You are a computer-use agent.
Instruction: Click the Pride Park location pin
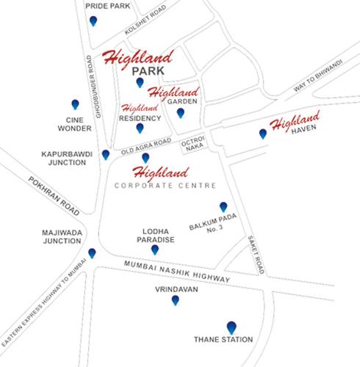(x=93, y=21)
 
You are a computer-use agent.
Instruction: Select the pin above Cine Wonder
(x=75, y=104)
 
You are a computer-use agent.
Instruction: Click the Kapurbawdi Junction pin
(x=106, y=154)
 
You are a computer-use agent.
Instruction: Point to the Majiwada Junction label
(x=61, y=236)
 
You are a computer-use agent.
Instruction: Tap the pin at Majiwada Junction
(x=92, y=253)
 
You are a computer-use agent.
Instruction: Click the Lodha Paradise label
(x=154, y=235)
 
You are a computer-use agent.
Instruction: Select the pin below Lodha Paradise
(x=154, y=250)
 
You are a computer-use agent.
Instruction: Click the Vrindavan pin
(x=175, y=299)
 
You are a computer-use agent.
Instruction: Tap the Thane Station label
(x=223, y=340)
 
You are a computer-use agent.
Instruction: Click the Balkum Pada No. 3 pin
(x=223, y=207)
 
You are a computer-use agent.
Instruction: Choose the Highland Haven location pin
(x=262, y=134)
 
